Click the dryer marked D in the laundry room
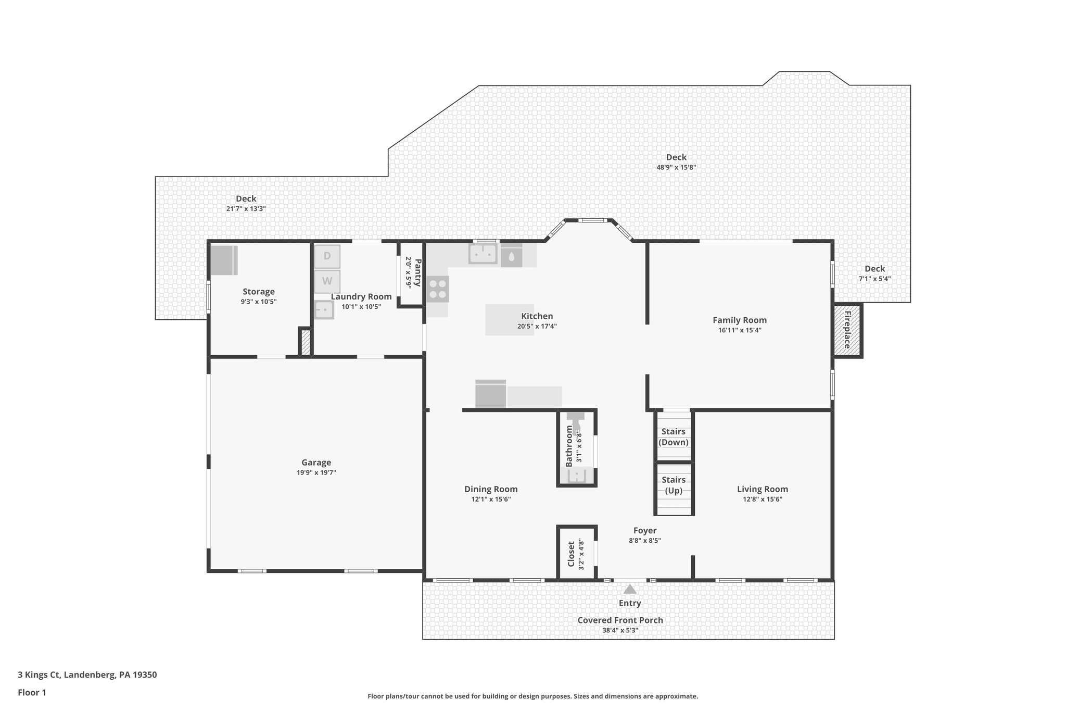coord(327,256)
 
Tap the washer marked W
coord(327,281)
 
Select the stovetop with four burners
coord(438,289)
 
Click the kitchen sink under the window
coord(483,255)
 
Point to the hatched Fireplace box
coord(847,330)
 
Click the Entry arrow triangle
coord(630,589)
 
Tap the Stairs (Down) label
coord(674,437)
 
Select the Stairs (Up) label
coord(674,485)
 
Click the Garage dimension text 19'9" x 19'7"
coord(316,473)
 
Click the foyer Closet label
coord(571,554)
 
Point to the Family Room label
coord(740,320)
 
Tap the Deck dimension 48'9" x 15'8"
coord(676,168)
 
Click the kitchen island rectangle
coord(510,320)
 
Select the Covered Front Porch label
coord(620,620)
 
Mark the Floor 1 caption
coord(32,693)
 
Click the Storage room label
coord(259,292)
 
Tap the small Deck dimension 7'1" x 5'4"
coord(874,279)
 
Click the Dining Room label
coord(491,489)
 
